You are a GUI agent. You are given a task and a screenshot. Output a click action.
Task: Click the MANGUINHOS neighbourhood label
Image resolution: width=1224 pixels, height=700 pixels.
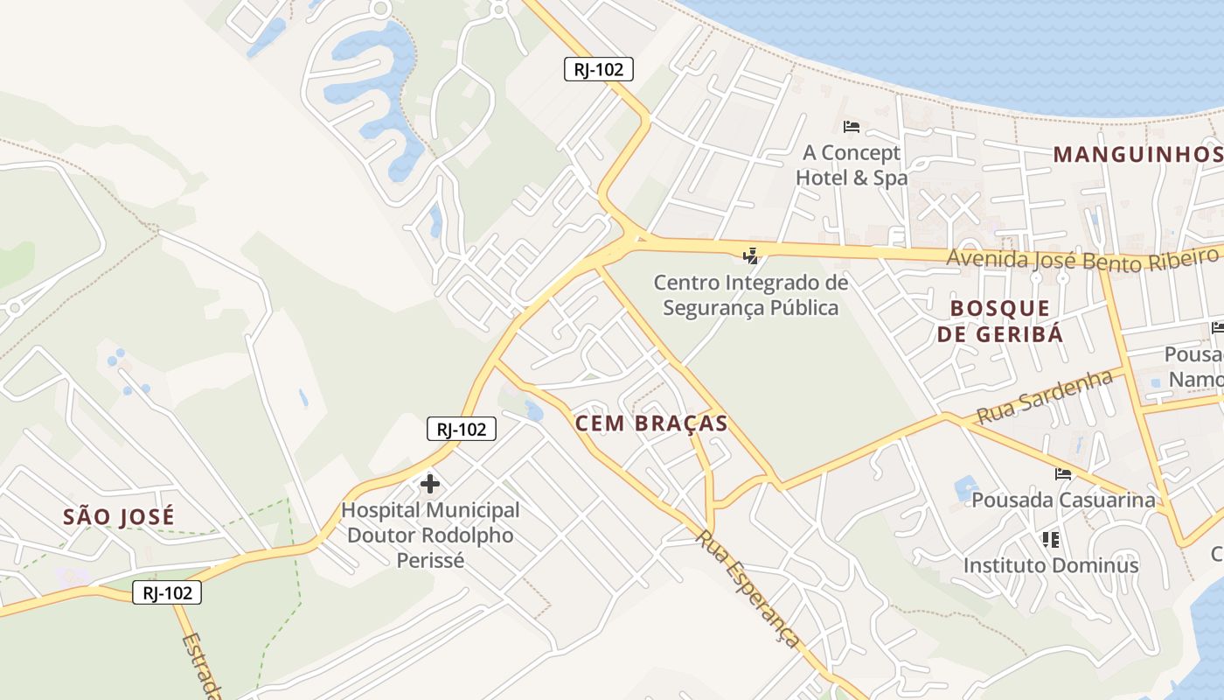click(x=1137, y=155)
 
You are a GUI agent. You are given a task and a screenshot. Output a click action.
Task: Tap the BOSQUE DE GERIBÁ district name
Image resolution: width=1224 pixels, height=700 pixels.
click(x=1000, y=320)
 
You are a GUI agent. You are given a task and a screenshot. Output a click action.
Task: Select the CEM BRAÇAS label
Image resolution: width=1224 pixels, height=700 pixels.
click(x=651, y=423)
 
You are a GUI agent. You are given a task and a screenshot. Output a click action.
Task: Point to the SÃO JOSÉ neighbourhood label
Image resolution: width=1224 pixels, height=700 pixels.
click(x=119, y=516)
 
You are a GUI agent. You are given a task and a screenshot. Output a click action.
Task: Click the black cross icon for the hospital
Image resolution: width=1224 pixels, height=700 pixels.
click(x=429, y=483)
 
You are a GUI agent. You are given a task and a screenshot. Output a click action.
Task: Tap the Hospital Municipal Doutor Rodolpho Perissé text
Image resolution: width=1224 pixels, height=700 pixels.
click(x=430, y=535)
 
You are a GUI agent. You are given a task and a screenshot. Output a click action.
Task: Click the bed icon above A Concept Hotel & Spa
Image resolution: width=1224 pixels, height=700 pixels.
click(x=852, y=127)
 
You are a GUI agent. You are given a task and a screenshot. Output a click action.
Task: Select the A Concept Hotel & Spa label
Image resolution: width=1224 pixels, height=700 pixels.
click(x=852, y=165)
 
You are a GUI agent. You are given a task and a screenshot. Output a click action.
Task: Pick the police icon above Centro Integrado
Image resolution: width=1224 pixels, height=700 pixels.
click(x=750, y=256)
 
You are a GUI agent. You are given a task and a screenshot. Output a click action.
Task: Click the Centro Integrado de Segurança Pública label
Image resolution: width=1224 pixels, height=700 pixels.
click(x=750, y=295)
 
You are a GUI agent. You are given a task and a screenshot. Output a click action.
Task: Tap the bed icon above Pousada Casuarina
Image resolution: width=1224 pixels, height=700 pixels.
click(x=1063, y=474)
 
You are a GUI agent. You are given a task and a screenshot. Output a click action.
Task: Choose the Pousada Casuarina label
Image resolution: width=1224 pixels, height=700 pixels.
click(x=1063, y=500)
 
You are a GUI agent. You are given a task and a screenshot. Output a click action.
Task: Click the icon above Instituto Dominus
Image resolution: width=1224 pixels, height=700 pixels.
click(x=1051, y=539)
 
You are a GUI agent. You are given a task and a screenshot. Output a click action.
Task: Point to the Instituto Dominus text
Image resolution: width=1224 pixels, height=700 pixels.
click(x=1051, y=565)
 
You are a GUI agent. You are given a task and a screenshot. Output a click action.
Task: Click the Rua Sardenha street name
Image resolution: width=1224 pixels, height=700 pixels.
click(x=1044, y=396)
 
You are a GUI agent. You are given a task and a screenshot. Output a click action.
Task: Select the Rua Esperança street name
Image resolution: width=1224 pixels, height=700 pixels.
click(x=748, y=588)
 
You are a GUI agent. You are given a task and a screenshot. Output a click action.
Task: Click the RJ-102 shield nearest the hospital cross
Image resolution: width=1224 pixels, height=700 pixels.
click(x=462, y=429)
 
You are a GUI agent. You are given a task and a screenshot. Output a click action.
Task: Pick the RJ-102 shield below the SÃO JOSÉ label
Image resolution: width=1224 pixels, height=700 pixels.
click(x=167, y=592)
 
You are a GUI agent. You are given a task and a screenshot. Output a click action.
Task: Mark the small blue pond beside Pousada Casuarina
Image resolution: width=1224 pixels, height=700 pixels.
click(x=966, y=486)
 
